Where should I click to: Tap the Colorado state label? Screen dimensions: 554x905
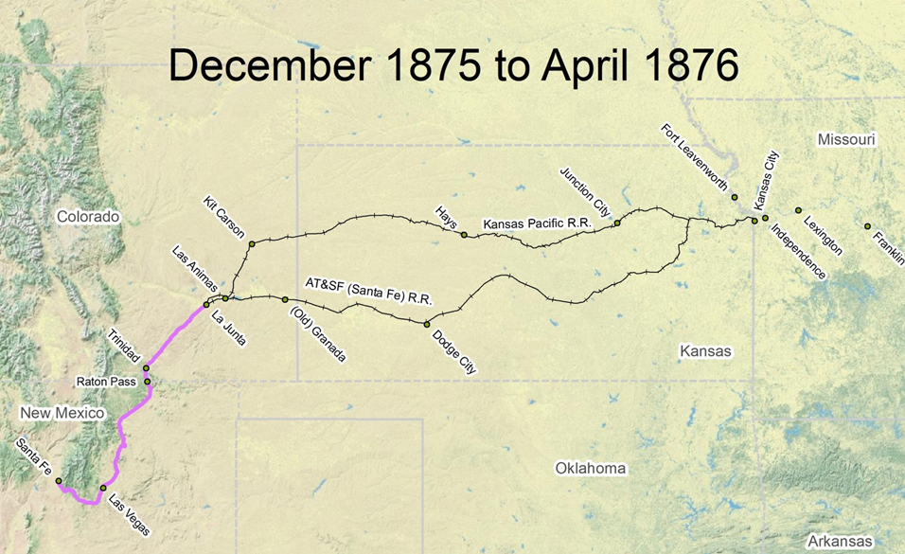(x=88, y=217)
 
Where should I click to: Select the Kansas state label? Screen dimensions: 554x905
(x=706, y=351)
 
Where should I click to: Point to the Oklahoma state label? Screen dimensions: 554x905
(x=591, y=468)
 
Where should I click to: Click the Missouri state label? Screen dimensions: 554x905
(x=847, y=139)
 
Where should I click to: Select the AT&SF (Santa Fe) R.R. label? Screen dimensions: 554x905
(x=368, y=291)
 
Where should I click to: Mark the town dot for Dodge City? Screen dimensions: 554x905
(x=427, y=324)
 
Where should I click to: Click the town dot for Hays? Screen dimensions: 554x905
(x=464, y=234)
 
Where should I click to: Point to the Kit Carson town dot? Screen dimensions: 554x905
(x=252, y=244)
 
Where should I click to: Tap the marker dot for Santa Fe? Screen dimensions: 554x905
(x=59, y=481)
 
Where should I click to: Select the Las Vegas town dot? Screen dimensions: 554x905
(x=103, y=489)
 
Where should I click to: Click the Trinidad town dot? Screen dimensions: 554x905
(x=146, y=368)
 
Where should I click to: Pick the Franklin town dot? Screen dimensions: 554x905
(x=867, y=225)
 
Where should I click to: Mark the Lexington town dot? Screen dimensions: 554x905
(x=798, y=210)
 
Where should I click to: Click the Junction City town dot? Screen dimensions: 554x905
(x=616, y=223)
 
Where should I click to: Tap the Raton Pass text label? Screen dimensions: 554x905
(x=108, y=383)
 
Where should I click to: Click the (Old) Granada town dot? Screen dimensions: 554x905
(x=285, y=299)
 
